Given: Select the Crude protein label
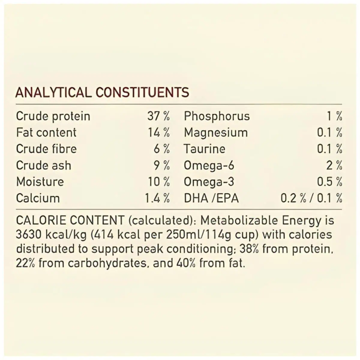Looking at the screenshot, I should [53, 116].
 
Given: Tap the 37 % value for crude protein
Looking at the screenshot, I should [158, 116].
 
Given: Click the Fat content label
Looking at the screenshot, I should [46, 132].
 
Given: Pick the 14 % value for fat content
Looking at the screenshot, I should [158, 132].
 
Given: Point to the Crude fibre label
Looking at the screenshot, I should [46, 149].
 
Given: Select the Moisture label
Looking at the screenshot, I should [40, 182].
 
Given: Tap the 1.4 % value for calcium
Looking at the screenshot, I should [157, 198].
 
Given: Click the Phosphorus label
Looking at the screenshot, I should [217, 116].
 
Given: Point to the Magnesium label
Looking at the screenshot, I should [216, 132].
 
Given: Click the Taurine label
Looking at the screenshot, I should [204, 149].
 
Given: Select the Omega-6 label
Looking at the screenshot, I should [209, 165].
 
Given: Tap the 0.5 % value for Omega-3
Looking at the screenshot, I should [330, 182].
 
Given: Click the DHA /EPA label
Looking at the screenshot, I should [211, 198].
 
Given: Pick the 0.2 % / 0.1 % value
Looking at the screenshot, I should [311, 198].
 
